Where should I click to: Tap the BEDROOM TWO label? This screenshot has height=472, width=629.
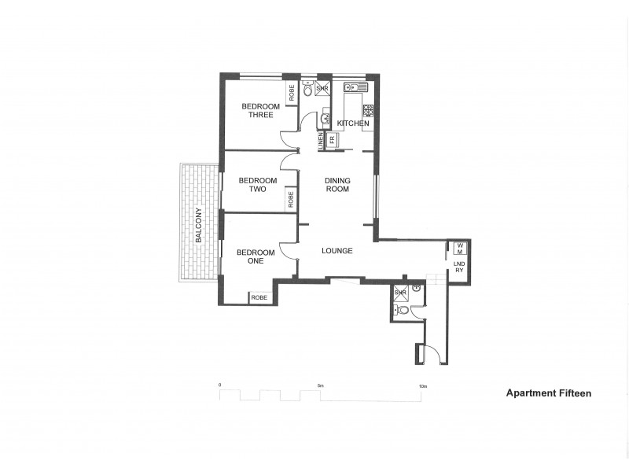point(252,184)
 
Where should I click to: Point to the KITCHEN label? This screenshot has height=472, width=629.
point(353,124)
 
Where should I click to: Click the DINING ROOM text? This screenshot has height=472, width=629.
point(338,185)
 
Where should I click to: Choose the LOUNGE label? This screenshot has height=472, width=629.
point(337,251)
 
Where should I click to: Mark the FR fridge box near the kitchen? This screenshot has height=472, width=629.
point(332,140)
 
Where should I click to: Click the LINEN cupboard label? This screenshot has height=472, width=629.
point(320,140)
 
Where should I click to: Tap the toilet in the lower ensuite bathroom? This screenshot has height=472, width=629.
point(403,311)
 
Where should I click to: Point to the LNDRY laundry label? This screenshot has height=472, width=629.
point(458,267)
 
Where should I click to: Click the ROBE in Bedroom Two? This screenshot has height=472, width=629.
point(291,200)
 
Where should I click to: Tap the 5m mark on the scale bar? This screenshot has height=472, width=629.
point(320,386)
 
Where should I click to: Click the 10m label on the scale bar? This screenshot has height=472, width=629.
point(422,386)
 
